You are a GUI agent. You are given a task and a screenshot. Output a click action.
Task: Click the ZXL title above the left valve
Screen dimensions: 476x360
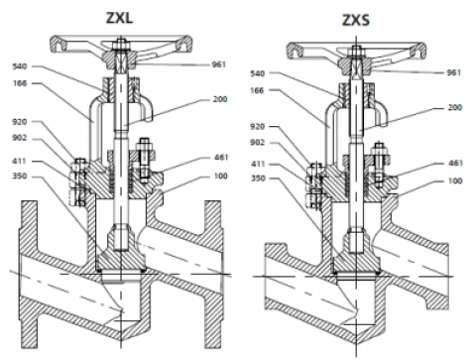(120, 18)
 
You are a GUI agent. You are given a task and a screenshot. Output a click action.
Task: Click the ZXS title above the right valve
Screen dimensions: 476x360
(356, 20)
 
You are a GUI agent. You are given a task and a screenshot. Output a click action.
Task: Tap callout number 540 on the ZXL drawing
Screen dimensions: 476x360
(19, 66)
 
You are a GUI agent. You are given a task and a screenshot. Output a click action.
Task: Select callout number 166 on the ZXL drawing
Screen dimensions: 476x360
(19, 83)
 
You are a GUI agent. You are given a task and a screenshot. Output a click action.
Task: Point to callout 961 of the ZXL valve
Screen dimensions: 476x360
(218, 64)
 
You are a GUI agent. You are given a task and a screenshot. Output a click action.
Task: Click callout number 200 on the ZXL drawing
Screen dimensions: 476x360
(220, 99)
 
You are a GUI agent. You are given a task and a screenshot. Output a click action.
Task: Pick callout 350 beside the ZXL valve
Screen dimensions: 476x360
(19, 176)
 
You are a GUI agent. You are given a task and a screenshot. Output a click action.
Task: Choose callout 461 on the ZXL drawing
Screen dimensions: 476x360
(221, 157)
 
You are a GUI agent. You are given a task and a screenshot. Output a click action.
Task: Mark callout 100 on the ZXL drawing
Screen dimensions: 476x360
(221, 176)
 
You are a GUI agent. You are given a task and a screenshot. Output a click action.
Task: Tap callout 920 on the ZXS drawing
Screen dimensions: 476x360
(257, 126)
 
